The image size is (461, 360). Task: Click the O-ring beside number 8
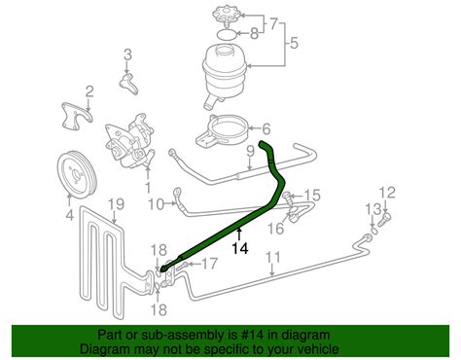(x=225, y=34)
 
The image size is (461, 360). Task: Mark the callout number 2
(x=89, y=91)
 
